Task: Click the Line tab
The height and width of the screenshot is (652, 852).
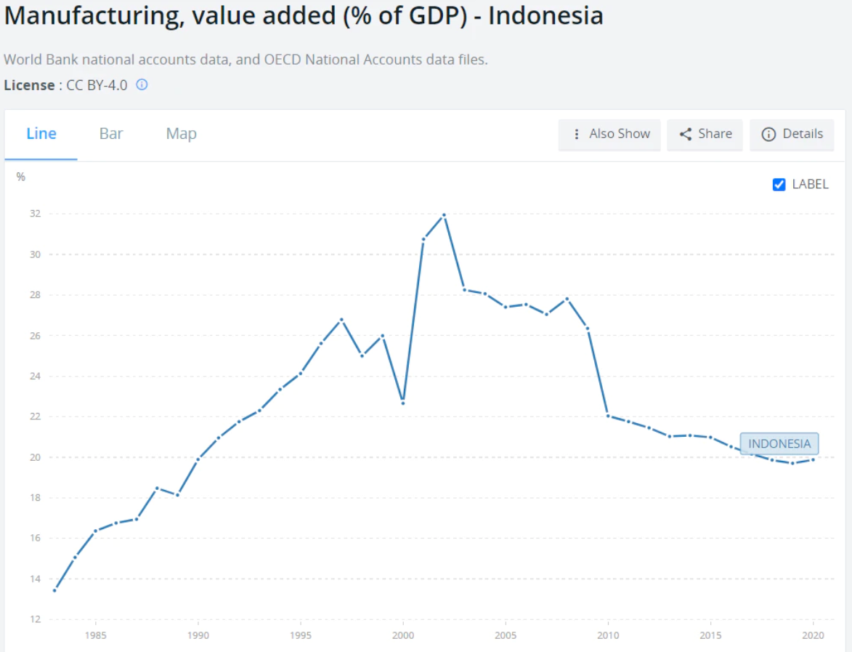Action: pos(41,134)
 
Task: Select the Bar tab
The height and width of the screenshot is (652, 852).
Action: pos(111,134)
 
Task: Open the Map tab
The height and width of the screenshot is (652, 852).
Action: pos(181,134)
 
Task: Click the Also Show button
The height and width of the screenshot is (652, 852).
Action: pos(610,134)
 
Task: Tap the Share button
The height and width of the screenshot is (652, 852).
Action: pos(705,134)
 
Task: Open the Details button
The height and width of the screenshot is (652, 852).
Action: pos(792,134)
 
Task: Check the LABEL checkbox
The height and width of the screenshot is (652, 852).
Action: pos(779,185)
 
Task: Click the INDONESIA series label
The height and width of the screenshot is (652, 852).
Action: pos(779,444)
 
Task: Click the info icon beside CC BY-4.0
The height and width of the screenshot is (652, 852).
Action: pos(142,85)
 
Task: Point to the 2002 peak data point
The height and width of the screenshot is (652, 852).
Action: pos(444,215)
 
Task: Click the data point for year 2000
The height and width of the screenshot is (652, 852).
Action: pos(403,403)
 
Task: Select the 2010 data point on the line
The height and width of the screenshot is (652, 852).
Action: pos(608,416)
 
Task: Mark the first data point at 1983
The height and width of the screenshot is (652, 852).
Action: pos(54,590)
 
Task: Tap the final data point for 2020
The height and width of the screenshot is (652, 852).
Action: pos(814,459)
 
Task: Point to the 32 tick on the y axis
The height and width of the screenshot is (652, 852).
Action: pos(35,214)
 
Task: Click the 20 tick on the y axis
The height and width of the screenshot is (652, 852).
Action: pos(35,457)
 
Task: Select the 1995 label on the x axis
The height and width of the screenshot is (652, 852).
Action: pos(301,635)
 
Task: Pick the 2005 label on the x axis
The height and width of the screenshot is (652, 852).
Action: pos(506,635)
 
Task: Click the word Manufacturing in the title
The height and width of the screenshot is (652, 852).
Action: pos(93,16)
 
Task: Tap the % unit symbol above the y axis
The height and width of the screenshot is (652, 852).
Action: pos(21,177)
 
